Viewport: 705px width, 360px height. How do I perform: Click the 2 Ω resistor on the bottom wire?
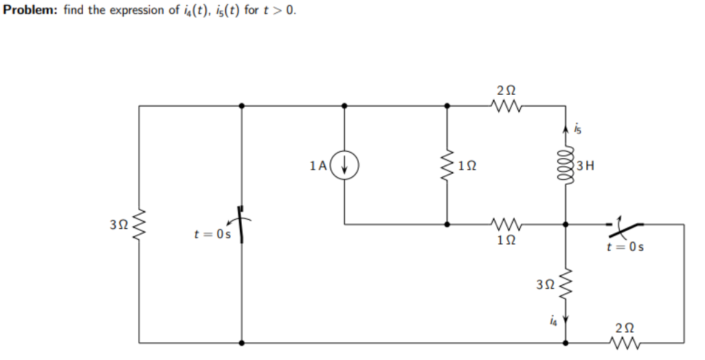pyautogui.click(x=624, y=341)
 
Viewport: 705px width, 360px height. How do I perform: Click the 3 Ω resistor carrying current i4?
pyautogui.click(x=566, y=282)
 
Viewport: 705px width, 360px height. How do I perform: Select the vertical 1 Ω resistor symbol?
pyautogui.click(x=447, y=166)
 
